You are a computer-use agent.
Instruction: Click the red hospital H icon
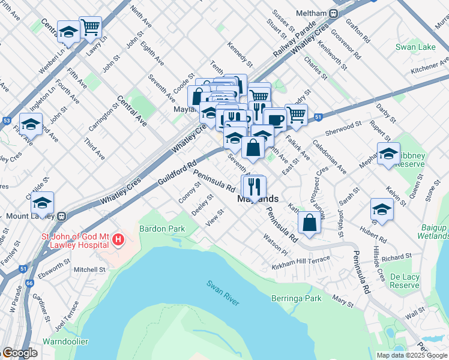[x=118, y=241]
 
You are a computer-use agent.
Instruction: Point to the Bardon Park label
[x=161, y=229]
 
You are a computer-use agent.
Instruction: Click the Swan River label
[x=223, y=292]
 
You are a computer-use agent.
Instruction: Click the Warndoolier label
[x=65, y=341]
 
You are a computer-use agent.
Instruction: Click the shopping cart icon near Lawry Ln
[x=90, y=26]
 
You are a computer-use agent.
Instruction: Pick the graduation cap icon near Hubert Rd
[x=381, y=209]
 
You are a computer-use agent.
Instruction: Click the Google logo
[x=20, y=353]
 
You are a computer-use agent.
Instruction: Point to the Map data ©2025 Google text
[x=412, y=355]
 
